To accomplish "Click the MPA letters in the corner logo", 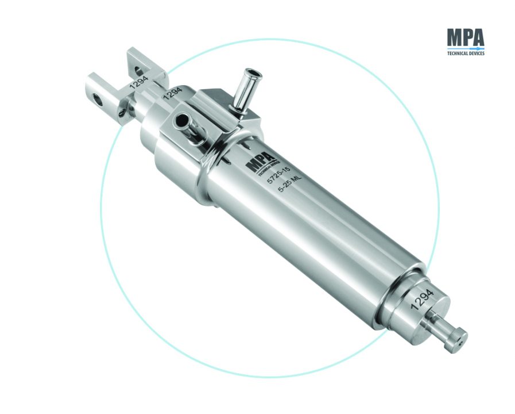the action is (466, 37).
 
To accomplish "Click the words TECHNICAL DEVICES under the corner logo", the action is (466, 53).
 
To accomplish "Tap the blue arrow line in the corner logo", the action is (466, 48).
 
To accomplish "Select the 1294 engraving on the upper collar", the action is (172, 93).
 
